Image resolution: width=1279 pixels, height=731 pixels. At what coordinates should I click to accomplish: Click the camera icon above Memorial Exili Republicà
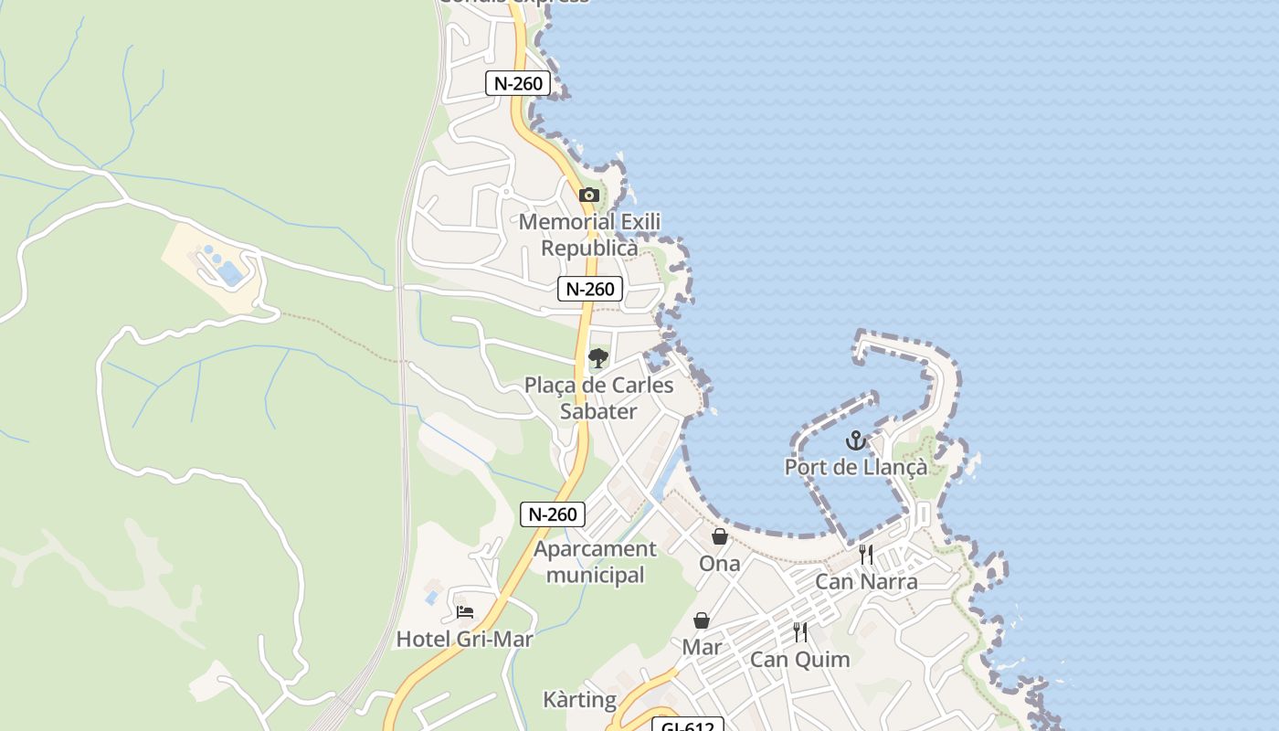point(589,195)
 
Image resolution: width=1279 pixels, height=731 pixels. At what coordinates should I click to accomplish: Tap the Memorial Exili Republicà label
point(589,235)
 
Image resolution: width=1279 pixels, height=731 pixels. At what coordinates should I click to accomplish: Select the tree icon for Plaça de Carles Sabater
point(598,357)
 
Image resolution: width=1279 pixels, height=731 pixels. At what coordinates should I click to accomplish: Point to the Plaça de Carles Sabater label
point(598,398)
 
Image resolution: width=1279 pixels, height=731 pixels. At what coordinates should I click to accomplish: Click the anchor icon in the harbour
point(855,441)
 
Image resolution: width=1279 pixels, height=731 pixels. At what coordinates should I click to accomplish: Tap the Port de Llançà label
point(855,467)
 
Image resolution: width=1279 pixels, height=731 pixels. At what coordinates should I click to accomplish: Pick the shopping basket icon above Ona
point(720,536)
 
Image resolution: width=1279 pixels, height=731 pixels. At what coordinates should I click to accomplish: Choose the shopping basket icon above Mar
point(702,621)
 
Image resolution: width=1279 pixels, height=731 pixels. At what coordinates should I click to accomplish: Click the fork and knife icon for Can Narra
point(866,554)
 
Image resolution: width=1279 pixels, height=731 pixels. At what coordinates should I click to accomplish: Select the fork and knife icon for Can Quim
point(800,632)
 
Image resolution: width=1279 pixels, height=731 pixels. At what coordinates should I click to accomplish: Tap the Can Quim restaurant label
point(800,659)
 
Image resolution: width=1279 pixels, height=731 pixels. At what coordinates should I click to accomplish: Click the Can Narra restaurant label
point(866,581)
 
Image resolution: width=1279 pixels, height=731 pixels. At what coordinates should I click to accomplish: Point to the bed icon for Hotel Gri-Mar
point(465,612)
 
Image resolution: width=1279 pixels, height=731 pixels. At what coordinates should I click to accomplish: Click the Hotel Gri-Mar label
point(464,639)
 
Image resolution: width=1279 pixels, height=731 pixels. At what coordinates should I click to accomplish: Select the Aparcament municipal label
point(595,562)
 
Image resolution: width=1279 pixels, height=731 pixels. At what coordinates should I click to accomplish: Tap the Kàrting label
point(580,700)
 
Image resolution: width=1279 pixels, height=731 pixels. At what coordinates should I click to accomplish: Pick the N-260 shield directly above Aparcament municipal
point(553,514)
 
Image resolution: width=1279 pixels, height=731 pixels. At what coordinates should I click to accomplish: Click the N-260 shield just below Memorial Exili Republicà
point(590,290)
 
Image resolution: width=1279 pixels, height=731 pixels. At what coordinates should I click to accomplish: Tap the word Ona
point(720,563)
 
